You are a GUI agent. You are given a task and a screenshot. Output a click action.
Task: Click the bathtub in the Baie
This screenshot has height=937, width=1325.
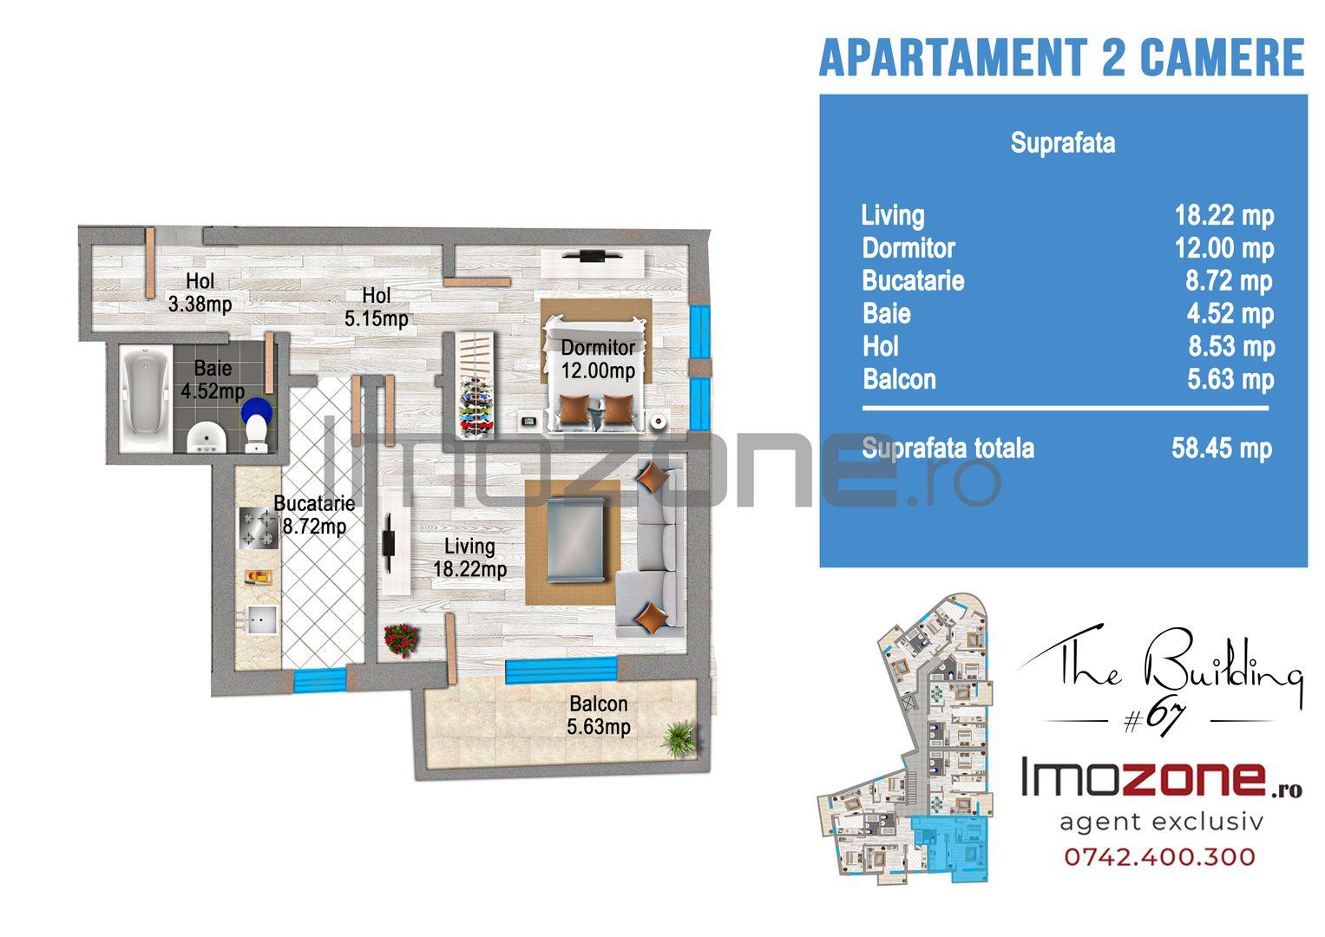(146, 399)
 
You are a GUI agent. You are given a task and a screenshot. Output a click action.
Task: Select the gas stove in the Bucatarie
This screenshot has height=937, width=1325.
(259, 528)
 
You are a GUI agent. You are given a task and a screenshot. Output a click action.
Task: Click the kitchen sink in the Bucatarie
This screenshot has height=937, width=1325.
(259, 619)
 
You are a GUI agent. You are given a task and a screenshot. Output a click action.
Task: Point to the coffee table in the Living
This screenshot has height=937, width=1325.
(575, 540)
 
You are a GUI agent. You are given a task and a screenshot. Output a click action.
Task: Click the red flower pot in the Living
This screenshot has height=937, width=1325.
(402, 640)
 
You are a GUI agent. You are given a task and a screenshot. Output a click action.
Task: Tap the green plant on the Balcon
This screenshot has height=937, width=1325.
(680, 739)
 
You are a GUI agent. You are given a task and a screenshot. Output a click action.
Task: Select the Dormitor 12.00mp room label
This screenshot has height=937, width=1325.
(598, 359)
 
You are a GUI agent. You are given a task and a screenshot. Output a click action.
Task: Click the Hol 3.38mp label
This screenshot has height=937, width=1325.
(200, 292)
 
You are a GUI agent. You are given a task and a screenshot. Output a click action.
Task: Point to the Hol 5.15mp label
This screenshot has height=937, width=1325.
(377, 307)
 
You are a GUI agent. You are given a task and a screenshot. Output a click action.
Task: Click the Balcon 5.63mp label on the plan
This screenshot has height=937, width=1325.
(599, 715)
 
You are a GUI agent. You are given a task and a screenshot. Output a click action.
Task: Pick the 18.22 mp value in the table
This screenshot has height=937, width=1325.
(1223, 216)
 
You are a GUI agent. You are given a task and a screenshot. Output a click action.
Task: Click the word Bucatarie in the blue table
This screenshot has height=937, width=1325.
(914, 281)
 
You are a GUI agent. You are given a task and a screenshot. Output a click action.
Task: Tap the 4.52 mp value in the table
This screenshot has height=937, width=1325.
(1230, 314)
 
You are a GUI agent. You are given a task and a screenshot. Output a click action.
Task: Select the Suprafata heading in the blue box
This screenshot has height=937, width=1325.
(1063, 143)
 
